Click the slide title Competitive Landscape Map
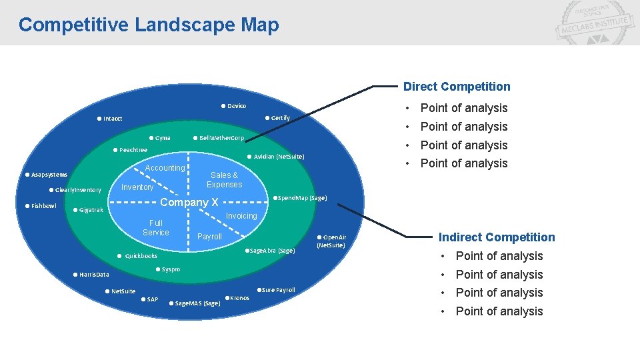pos(149,25)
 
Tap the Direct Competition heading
pos(457,87)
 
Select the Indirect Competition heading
pos(497,237)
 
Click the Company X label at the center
pos(189,203)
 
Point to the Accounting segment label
pos(165,168)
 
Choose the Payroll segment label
pos(209,237)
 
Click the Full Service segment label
pos(156,228)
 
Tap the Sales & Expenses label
pos(224,180)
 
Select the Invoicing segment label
pos(241,216)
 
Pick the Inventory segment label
pos(137,187)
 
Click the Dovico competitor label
pos(237,106)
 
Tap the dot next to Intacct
pos(99,119)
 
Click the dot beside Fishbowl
pos(27,206)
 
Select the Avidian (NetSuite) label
pos(279,157)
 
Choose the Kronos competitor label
pos(239,298)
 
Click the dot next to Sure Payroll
pos(259,289)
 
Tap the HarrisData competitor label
pos(94,275)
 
